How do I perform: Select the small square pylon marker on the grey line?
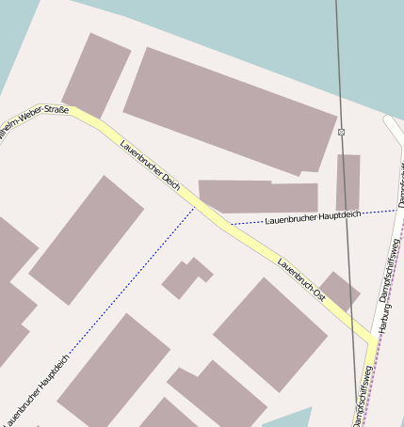[341, 132]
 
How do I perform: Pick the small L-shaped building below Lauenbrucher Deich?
[185, 277]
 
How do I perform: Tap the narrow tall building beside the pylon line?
[347, 182]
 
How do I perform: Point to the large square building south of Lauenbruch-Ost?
[270, 334]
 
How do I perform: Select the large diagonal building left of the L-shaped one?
[87, 240]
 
